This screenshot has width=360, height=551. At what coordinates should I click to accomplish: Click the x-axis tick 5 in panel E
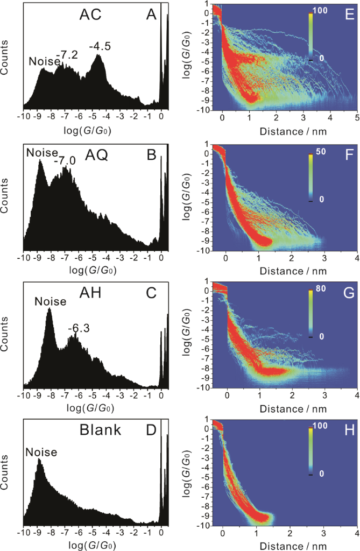356,117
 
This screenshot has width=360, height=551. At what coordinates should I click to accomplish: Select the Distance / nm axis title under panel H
291,544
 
